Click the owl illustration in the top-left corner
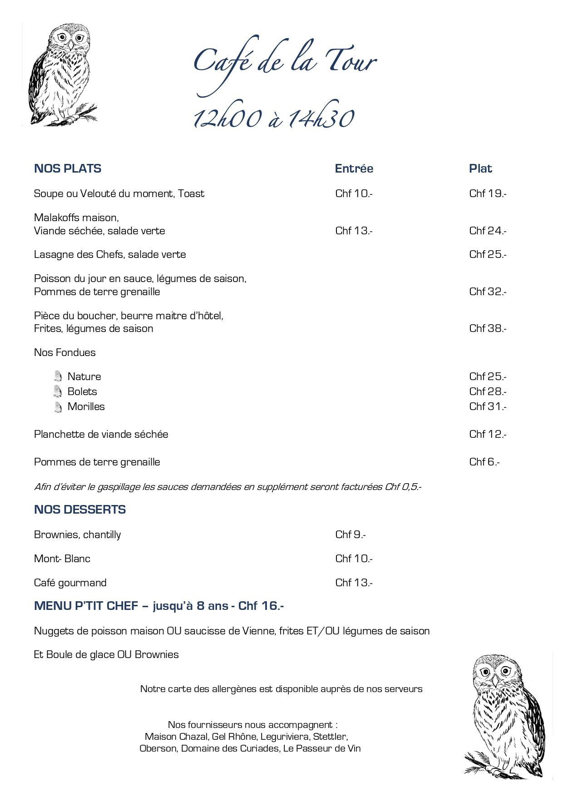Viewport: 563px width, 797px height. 61,75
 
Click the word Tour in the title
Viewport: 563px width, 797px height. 347,61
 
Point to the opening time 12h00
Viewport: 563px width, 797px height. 227,119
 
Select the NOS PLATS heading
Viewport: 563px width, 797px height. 68,168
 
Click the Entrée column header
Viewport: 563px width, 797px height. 354,168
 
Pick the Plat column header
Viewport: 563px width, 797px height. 480,168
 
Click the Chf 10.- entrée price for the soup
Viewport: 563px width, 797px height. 354,193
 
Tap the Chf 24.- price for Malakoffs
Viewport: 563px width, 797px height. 488,231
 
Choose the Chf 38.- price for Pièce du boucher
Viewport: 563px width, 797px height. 488,328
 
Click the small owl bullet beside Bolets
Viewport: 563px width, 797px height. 58,391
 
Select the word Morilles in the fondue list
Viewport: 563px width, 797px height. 86,406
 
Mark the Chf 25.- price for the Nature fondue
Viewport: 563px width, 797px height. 488,376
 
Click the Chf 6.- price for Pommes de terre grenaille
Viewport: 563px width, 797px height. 484,462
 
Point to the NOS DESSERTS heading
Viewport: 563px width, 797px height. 80,510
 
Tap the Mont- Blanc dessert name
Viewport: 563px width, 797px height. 62,559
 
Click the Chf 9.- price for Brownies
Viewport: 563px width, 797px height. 351,535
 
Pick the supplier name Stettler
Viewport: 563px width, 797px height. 330,736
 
